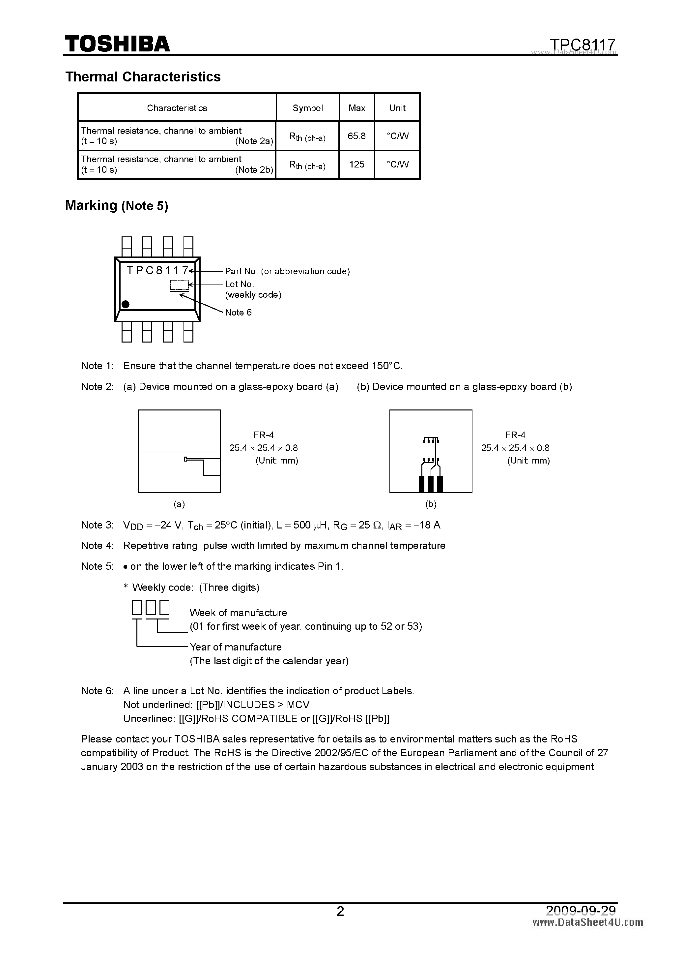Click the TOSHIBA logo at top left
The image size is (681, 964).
pyautogui.click(x=117, y=44)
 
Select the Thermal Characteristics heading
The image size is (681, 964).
pyautogui.click(x=143, y=77)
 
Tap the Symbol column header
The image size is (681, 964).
pyautogui.click(x=308, y=108)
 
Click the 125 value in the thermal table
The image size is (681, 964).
pyautogui.click(x=357, y=165)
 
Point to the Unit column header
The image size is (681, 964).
pyautogui.click(x=397, y=108)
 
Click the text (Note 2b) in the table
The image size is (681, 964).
pyautogui.click(x=254, y=170)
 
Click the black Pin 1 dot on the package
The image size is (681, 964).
pyautogui.click(x=125, y=304)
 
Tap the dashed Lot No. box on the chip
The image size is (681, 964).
pyautogui.click(x=179, y=285)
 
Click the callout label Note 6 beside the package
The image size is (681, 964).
pyautogui.click(x=238, y=312)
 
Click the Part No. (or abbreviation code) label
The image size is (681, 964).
pyautogui.click(x=287, y=271)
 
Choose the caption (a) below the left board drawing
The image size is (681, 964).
pyautogui.click(x=179, y=504)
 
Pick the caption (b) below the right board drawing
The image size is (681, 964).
pyautogui.click(x=431, y=504)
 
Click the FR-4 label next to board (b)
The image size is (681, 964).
pyautogui.click(x=515, y=435)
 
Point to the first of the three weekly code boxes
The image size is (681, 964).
pyautogui.click(x=137, y=608)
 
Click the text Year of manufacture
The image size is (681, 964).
pyautogui.click(x=235, y=647)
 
